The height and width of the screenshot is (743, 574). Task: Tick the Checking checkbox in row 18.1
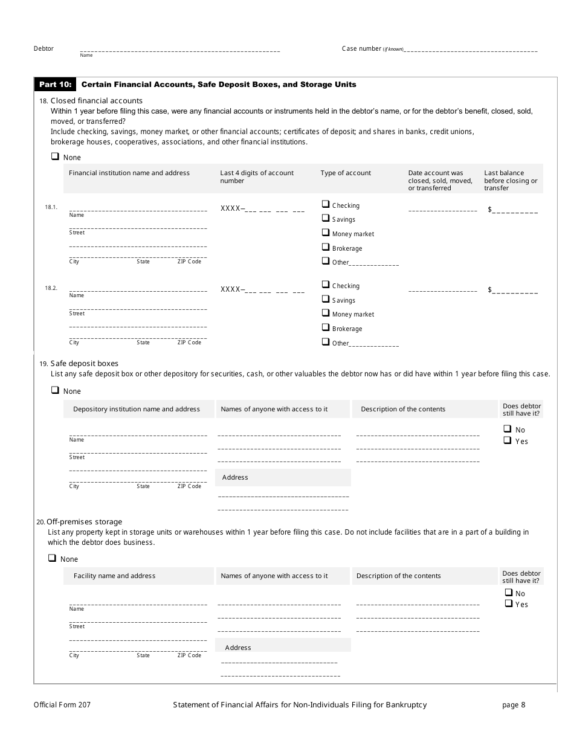click(326, 205)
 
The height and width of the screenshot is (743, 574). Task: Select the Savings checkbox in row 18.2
click(326, 300)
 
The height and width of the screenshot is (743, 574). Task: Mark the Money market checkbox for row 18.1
click(326, 233)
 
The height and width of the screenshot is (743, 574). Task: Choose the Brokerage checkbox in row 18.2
click(326, 328)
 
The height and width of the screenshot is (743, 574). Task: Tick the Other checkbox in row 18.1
click(326, 262)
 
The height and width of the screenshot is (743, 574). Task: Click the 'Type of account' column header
click(346, 173)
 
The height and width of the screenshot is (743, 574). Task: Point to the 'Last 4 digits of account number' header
click(257, 176)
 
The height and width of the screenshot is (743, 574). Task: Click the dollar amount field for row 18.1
click(514, 210)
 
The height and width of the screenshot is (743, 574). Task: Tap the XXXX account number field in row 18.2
click(262, 290)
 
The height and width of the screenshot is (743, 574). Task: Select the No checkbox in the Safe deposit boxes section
click(508, 429)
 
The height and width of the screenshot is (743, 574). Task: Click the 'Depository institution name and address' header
click(137, 410)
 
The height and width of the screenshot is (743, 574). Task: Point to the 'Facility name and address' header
click(115, 576)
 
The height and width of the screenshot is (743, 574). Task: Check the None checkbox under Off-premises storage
click(53, 559)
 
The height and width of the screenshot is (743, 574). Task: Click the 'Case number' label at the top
click(361, 49)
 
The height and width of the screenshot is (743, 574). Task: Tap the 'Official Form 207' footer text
click(62, 705)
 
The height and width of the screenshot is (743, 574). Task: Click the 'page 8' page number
click(514, 705)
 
